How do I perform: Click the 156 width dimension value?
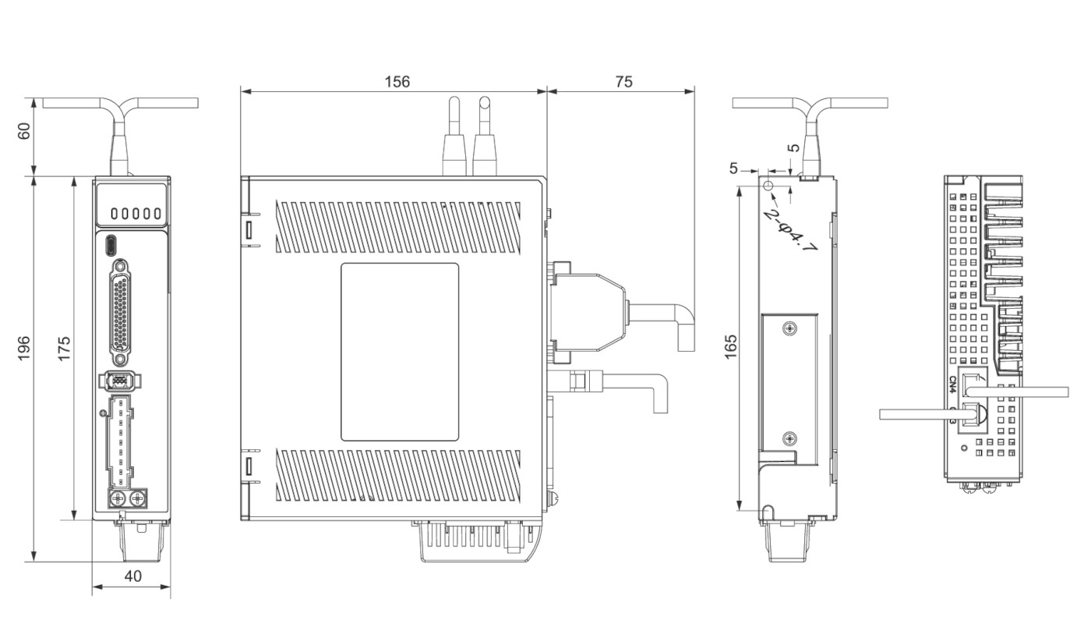(397, 82)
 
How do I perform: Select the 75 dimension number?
(624, 82)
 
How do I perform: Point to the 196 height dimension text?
(24, 348)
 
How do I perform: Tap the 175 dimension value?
(64, 348)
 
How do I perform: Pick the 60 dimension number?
(24, 131)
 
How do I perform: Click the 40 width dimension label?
(132, 576)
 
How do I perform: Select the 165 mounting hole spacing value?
(731, 347)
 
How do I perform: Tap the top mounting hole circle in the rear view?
(768, 186)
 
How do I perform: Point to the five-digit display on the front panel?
(136, 213)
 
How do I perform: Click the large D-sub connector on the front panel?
(120, 314)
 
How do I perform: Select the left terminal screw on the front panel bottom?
(117, 500)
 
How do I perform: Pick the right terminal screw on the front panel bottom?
(138, 500)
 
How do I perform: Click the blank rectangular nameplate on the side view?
(400, 352)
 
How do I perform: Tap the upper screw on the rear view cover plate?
(789, 328)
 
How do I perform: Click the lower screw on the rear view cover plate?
(789, 438)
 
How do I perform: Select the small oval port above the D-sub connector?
(111, 246)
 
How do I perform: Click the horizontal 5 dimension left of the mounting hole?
(733, 168)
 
